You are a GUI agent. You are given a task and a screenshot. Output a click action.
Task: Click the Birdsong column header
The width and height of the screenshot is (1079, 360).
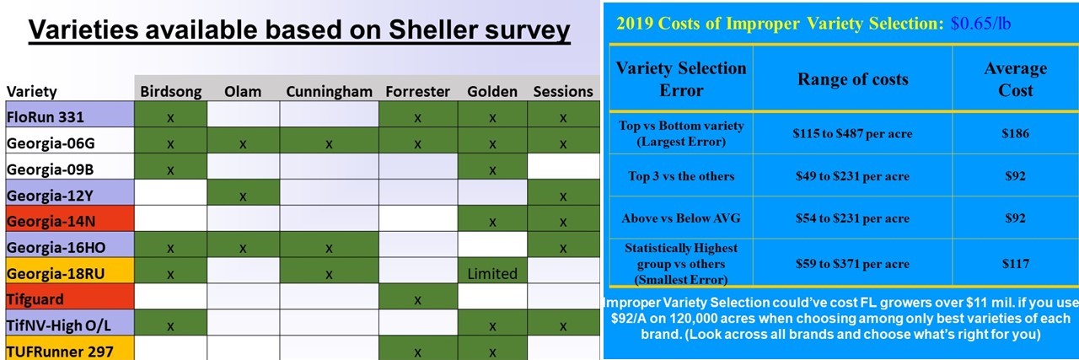coord(170,91)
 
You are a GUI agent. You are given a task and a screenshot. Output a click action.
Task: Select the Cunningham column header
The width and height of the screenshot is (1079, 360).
coord(329,91)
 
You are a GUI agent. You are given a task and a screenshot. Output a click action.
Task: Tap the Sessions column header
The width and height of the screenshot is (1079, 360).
coord(562,91)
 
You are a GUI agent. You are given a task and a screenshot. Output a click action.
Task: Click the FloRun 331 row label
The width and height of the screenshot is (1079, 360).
coord(46,117)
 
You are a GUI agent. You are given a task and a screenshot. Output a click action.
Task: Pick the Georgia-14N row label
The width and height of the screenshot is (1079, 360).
coord(51,221)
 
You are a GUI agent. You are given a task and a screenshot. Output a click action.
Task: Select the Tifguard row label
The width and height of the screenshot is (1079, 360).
coord(35,299)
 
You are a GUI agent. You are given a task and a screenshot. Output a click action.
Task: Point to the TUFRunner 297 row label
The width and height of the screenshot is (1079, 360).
coord(60,352)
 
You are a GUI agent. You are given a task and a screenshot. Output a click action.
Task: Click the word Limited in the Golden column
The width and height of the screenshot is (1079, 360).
coord(492,274)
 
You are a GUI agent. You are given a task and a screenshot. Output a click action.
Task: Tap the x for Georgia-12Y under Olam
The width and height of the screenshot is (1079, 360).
coord(243,196)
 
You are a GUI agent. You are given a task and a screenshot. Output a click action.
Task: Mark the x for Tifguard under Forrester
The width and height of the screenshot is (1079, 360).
coord(417,300)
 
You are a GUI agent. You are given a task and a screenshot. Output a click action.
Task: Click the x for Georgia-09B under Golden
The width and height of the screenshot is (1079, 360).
coord(492,170)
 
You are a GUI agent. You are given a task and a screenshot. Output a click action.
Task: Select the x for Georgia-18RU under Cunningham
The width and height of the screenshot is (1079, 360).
coord(329,275)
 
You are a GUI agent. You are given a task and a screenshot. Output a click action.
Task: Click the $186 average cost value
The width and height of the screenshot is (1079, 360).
coord(1015,133)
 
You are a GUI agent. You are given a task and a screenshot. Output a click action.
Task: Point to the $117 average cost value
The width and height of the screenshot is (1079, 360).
coord(1015,264)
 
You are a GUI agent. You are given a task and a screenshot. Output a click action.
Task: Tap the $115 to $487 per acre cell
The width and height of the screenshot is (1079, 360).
coord(852,133)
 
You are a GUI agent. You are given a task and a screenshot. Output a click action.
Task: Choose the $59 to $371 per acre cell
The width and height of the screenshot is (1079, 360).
coord(852,264)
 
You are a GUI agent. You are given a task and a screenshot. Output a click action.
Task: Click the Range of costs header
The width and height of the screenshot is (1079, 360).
coord(852,79)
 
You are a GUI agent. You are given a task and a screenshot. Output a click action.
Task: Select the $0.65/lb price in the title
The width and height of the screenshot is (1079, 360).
coord(980,24)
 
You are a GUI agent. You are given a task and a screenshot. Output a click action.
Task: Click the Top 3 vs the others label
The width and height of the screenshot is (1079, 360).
coord(681,176)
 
